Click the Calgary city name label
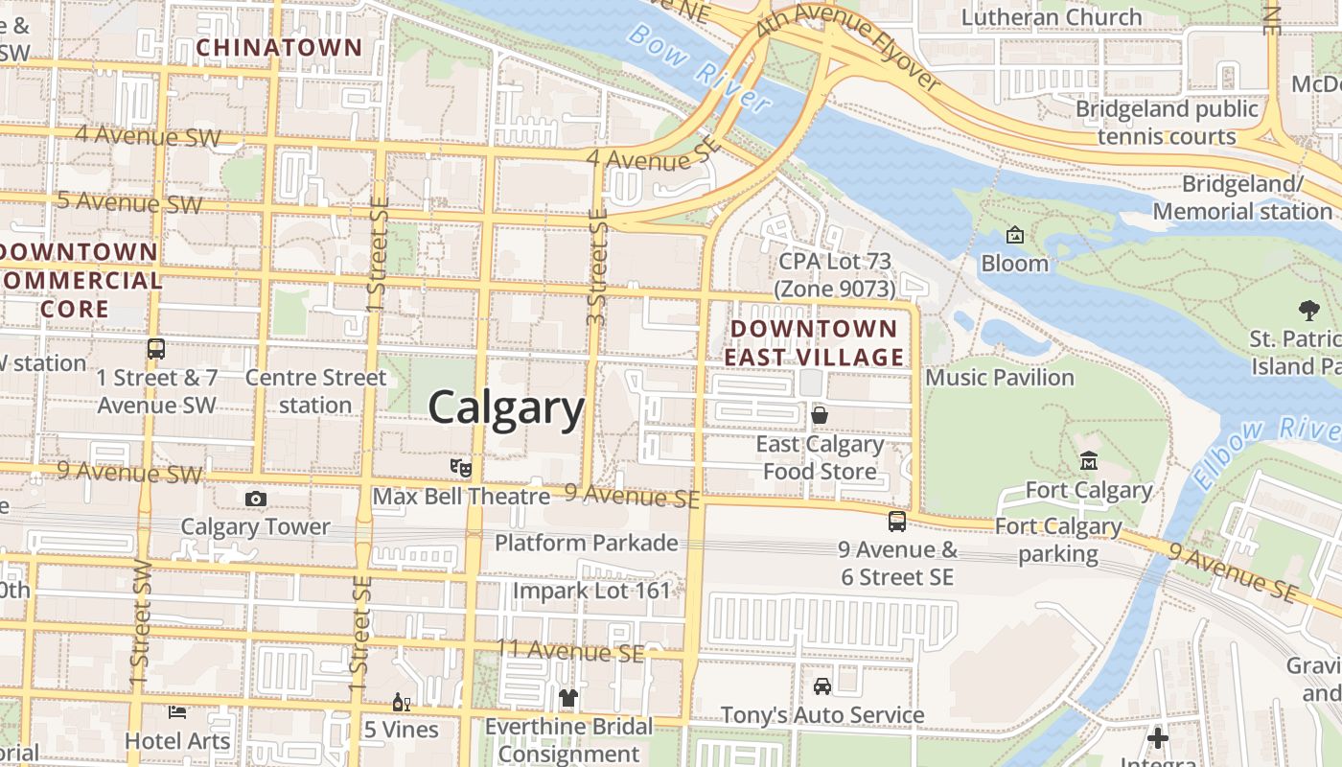click(506, 407)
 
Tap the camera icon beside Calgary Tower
click(256, 499)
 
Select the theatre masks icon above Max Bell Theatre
click(461, 468)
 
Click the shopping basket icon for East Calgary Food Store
click(820, 415)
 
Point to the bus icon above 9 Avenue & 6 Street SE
click(897, 522)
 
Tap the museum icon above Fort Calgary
click(1088, 462)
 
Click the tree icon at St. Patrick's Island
click(1308, 310)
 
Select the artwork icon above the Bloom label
click(1015, 235)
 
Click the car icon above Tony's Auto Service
click(822, 686)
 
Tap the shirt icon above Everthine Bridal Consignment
click(568, 698)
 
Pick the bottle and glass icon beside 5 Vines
click(401, 703)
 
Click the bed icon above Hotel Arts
click(178, 712)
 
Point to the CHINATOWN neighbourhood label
click(279, 48)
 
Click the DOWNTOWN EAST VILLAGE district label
click(814, 343)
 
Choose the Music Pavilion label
click(999, 378)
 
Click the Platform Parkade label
click(586, 543)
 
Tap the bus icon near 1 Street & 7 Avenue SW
click(156, 349)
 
